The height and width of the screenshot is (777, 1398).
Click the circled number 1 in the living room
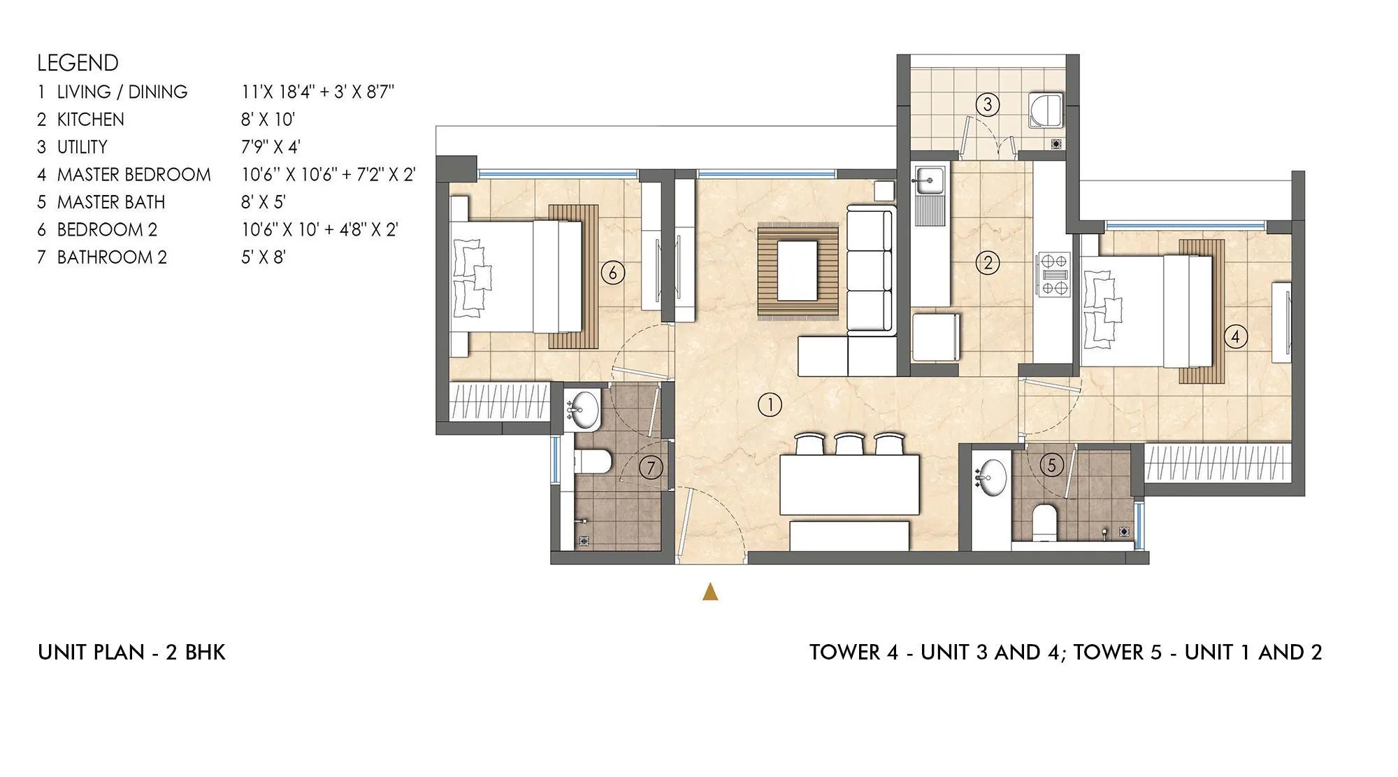(770, 405)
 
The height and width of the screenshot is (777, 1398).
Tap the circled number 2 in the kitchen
(988, 263)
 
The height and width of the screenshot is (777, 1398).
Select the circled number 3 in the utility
(988, 105)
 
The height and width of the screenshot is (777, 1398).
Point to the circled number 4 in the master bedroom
(1235, 336)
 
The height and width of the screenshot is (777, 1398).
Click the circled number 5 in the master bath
(1052, 465)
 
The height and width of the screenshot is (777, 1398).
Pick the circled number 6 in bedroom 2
(612, 272)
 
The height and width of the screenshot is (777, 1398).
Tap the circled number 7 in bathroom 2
(651, 467)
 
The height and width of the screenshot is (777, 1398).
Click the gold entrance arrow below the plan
(710, 592)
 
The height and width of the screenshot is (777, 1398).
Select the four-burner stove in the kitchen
(1054, 274)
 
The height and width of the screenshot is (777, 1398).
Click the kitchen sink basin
(928, 180)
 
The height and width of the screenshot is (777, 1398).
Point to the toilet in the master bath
(1044, 522)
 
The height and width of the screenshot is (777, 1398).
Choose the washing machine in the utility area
(1046, 111)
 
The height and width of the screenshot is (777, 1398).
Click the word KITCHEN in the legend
(90, 120)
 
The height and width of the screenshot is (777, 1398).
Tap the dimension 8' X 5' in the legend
(264, 202)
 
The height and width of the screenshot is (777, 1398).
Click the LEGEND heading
(78, 63)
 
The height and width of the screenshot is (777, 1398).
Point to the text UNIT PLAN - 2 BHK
(131, 653)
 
